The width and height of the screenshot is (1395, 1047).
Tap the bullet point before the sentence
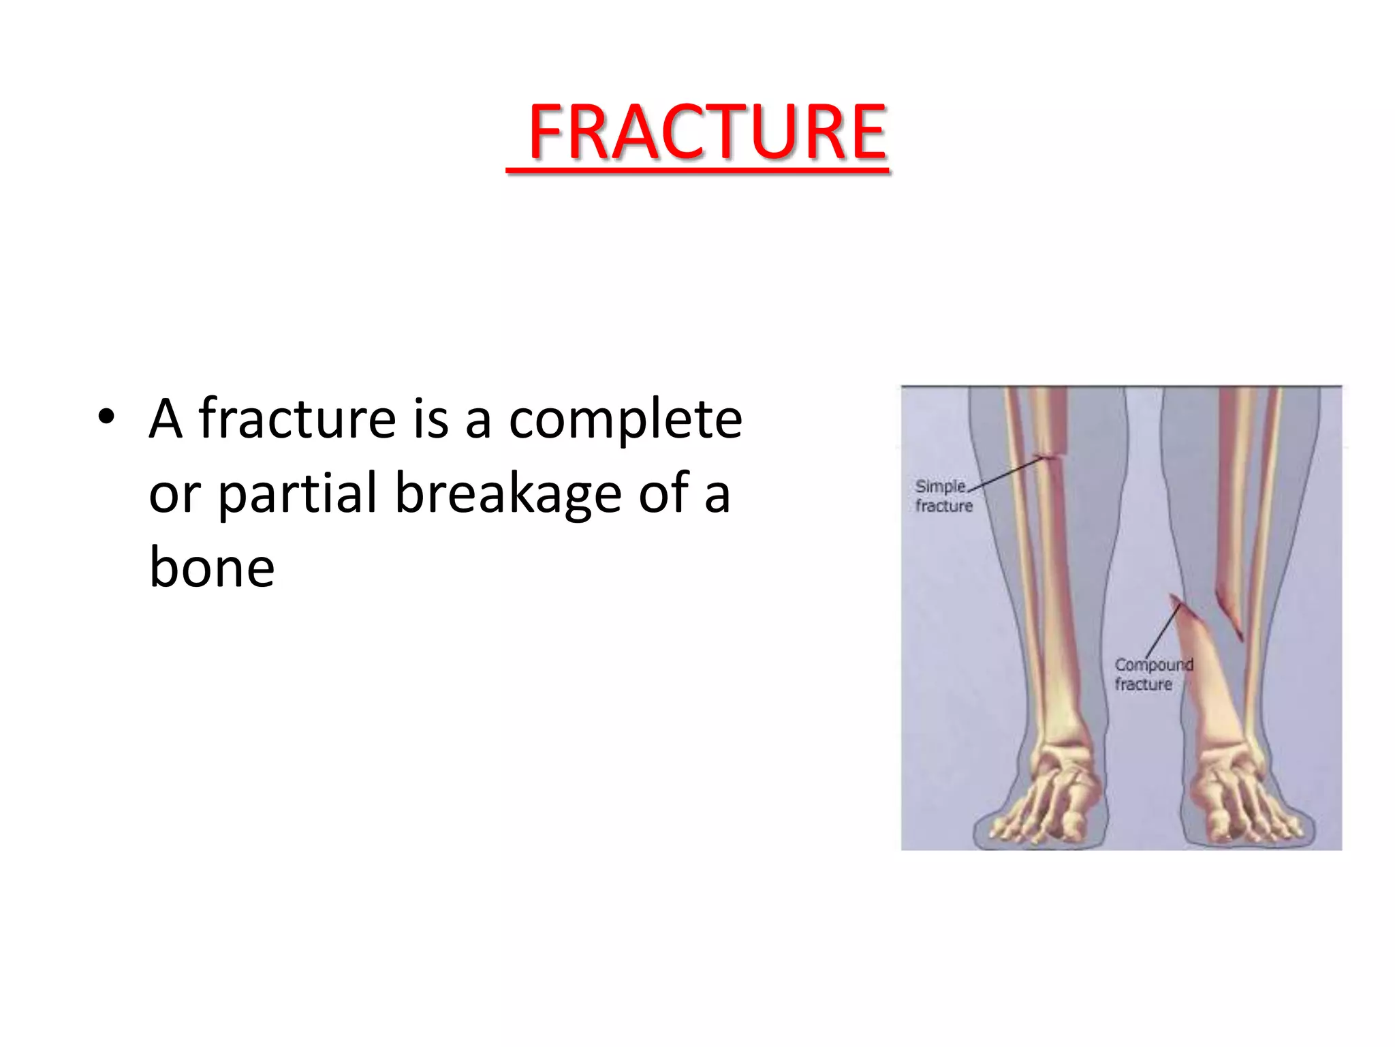tap(106, 417)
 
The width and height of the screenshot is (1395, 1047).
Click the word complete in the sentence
tap(625, 419)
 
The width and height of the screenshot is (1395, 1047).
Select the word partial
tap(297, 493)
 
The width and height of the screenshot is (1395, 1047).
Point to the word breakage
tap(508, 494)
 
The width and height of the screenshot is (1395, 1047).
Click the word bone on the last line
tap(211, 567)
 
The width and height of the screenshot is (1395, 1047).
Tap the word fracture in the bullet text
tap(297, 418)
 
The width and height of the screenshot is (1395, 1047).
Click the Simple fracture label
tap(943, 496)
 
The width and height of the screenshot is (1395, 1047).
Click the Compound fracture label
tap(1153, 674)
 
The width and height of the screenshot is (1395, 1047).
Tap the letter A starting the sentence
tap(166, 418)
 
